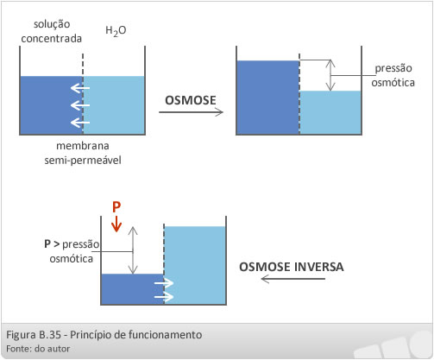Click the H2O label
point(116,31)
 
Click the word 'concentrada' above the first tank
point(52,39)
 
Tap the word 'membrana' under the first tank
point(83,146)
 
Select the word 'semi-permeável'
point(83,161)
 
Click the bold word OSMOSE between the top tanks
point(191,100)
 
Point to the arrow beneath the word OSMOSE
point(191,112)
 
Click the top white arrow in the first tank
point(80,88)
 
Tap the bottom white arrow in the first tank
point(80,123)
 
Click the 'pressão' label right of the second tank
point(393,69)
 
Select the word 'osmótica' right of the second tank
point(393,83)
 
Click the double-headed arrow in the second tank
point(330,75)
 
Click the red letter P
point(116,207)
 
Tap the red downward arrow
point(116,224)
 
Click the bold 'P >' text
point(52,244)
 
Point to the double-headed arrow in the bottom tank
point(133,250)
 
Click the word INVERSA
point(319,267)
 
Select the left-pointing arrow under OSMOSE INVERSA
point(293,279)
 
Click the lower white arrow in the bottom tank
point(164,297)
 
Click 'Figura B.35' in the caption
point(34,335)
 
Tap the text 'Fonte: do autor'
point(38,349)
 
